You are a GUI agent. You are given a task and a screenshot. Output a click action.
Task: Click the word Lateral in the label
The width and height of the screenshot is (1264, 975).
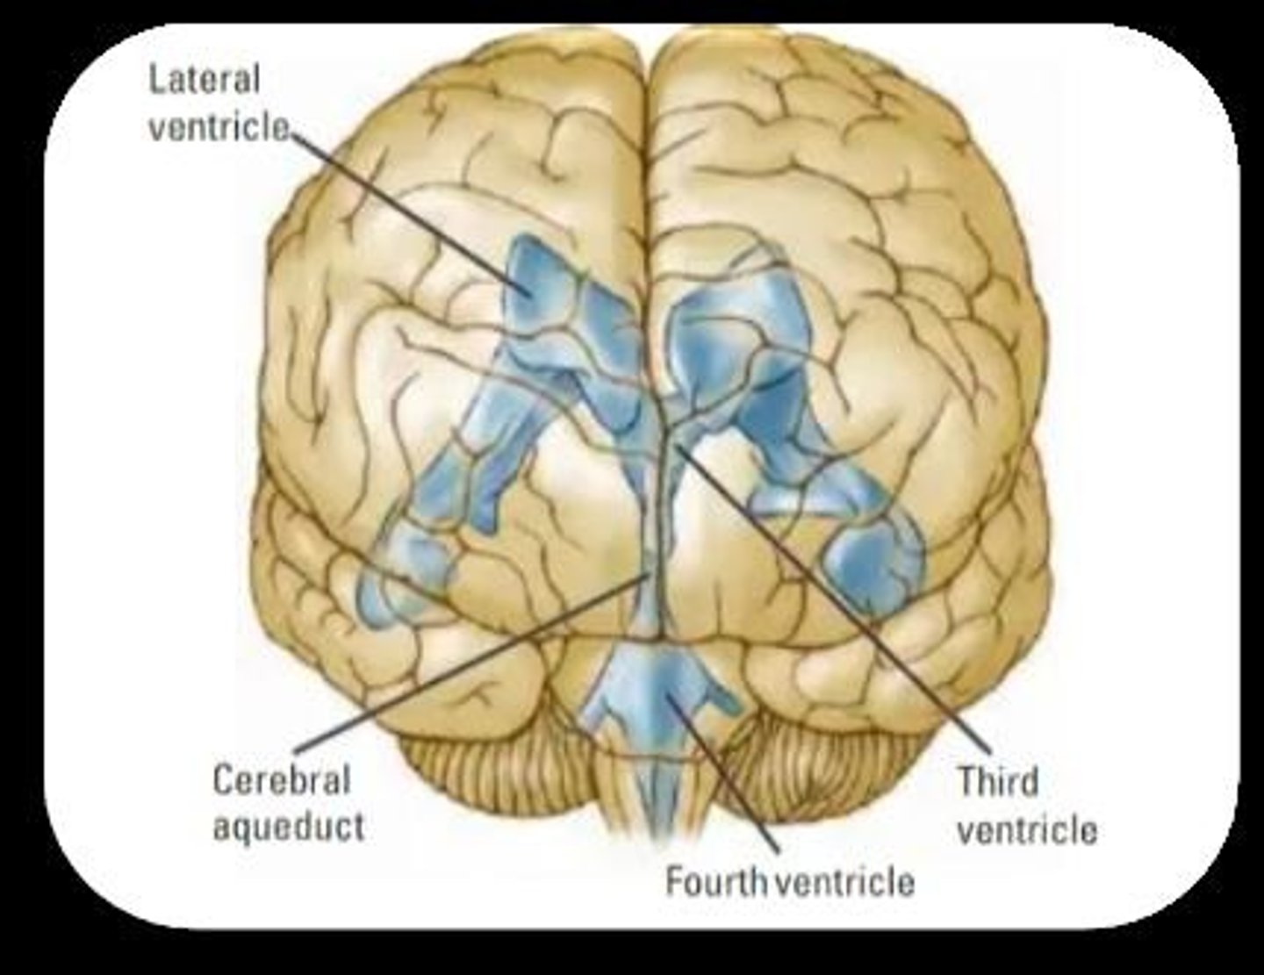point(204,80)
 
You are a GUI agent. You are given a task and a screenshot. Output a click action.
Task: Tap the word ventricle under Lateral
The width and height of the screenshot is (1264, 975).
point(218,128)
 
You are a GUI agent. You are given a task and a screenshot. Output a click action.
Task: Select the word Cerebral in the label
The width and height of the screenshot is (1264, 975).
point(281,780)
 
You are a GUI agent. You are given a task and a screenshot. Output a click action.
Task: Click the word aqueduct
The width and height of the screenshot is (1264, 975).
point(288,827)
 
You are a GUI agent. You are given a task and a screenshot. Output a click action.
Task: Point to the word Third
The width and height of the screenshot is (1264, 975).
point(998,781)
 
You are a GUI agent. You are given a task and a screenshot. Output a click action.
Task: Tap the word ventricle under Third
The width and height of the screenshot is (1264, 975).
point(1027,829)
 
